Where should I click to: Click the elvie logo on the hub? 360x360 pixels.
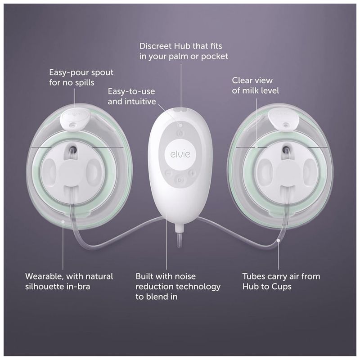(180, 154)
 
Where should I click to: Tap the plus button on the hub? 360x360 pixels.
(192, 173)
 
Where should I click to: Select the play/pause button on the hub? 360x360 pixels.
(180, 180)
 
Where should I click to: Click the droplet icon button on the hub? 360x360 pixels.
(180, 133)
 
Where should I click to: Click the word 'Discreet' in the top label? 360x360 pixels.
(155, 46)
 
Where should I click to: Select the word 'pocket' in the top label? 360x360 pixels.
(215, 57)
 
